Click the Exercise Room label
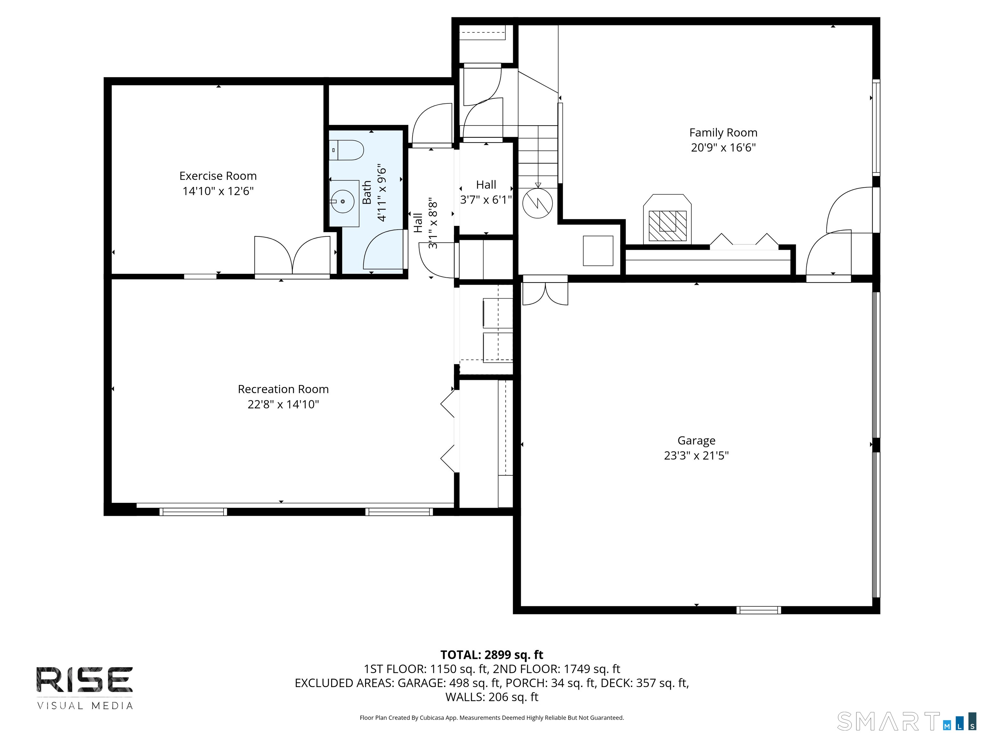(x=218, y=176)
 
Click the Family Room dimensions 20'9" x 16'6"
(x=723, y=147)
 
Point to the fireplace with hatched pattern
(x=667, y=225)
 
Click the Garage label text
(x=696, y=440)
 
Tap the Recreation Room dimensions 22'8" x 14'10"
(x=283, y=404)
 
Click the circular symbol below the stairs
(x=537, y=203)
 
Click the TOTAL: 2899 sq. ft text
(x=492, y=655)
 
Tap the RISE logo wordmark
(x=85, y=680)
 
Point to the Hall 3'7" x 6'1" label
(x=486, y=192)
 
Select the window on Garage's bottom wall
(x=758, y=610)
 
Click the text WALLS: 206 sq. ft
(x=492, y=697)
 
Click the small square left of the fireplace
(x=598, y=251)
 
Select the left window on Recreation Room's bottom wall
(x=193, y=512)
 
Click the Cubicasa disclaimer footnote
(x=492, y=717)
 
